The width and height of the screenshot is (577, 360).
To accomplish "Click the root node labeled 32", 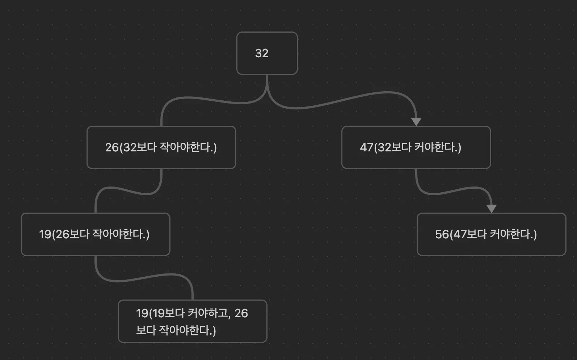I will (x=267, y=53).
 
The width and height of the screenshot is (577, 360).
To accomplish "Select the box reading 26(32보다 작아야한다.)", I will (x=161, y=147).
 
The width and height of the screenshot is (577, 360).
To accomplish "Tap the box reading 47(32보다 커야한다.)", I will (x=416, y=147).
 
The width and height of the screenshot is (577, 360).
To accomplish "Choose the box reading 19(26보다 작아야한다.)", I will (x=95, y=234).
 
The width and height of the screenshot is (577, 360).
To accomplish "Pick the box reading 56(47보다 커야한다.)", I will (x=491, y=234).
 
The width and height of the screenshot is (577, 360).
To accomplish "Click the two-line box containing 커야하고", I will (x=192, y=321).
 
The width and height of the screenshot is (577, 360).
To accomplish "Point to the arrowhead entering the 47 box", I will (x=416, y=121).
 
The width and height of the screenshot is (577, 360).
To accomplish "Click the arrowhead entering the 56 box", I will (x=491, y=208).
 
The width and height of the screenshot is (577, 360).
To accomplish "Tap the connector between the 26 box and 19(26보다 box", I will (x=127, y=190).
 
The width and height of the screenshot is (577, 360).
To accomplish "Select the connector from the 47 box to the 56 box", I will (x=452, y=191).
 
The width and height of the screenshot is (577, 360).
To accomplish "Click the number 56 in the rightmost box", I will (x=442, y=234).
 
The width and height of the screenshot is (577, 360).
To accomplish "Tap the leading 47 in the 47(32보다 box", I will (x=366, y=147).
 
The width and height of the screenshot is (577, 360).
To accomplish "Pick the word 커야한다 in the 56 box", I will (x=511, y=234).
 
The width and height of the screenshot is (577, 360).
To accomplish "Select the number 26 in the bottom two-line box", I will (x=241, y=313).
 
